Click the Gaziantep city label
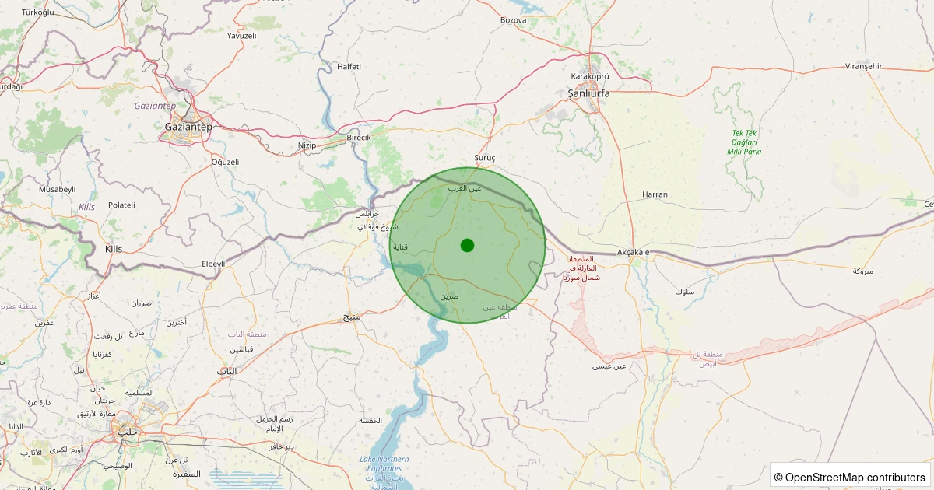click(188, 126)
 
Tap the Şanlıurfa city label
click(588, 93)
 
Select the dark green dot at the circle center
click(467, 245)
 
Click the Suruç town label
click(485, 158)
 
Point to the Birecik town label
click(359, 138)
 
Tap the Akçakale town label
click(633, 253)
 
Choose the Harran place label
click(655, 194)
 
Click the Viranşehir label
click(863, 67)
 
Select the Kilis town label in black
click(113, 249)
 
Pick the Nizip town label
click(307, 145)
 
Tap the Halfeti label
click(349, 67)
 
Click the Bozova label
click(514, 20)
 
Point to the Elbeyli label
click(212, 264)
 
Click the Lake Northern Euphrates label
click(384, 464)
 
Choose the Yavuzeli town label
click(241, 36)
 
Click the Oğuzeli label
click(225, 162)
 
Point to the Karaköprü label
click(590, 76)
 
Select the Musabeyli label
click(58, 189)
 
